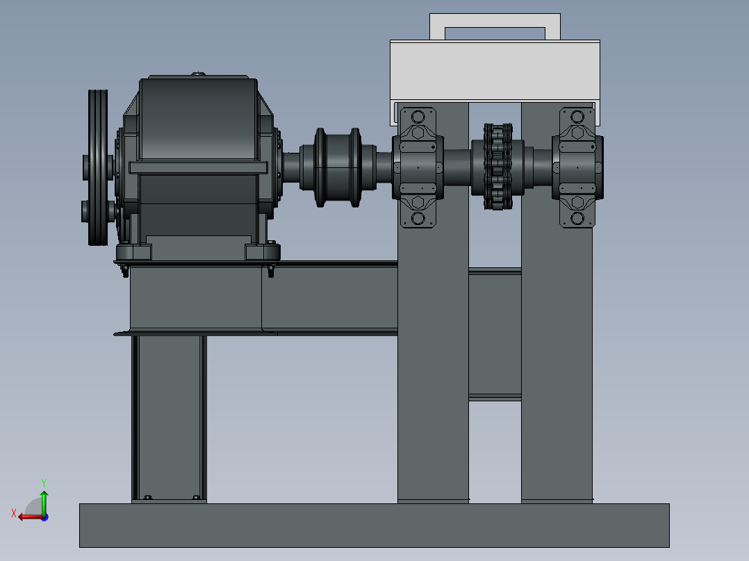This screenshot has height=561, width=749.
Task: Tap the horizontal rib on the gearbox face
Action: (198, 167)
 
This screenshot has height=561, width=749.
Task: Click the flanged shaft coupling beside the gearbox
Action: (338, 167)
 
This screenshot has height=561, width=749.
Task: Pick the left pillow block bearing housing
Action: (418, 167)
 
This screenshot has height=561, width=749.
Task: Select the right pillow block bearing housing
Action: (577, 167)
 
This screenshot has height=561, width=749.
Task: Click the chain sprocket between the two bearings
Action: (497, 167)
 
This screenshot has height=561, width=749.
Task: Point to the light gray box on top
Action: (495, 71)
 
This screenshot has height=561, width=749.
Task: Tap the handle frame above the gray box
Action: (495, 20)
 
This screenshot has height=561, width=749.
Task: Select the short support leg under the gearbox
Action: (169, 417)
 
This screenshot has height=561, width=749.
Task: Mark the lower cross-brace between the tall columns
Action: (495, 397)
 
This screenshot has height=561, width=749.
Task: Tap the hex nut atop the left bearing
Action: (418, 132)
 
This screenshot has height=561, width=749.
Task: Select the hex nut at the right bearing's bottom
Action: (577, 202)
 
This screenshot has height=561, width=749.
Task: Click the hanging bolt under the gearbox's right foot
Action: (271, 271)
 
